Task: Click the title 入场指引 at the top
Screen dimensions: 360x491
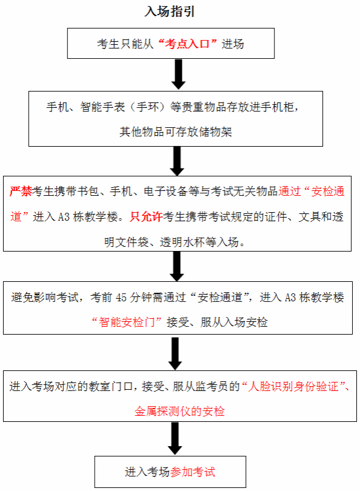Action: pyautogui.click(x=170, y=12)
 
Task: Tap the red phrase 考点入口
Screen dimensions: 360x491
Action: pyautogui.click(x=187, y=44)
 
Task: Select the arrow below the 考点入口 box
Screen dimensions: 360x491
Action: pyautogui.click(x=178, y=75)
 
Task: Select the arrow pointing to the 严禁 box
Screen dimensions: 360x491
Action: pyautogui.click(x=177, y=161)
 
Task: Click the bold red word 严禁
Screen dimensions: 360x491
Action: pyautogui.click(x=21, y=192)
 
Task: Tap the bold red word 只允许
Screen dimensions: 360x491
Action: pyautogui.click(x=146, y=216)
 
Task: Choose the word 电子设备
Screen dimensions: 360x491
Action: pyautogui.click(x=165, y=192)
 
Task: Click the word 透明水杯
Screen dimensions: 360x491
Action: pyautogui.click(x=182, y=242)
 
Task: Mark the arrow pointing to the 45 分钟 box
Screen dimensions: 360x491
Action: pyautogui.click(x=177, y=266)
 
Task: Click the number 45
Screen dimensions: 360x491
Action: pyautogui.click(x=121, y=297)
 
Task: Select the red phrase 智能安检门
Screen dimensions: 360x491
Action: pyautogui.click(x=127, y=322)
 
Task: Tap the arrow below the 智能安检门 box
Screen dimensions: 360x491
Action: pyautogui.click(x=175, y=353)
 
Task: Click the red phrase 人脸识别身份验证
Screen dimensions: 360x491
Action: pyautogui.click(x=293, y=386)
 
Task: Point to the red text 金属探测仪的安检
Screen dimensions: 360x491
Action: pyautogui.click(x=179, y=411)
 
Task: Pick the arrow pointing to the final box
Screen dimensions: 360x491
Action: pyautogui.click(x=175, y=438)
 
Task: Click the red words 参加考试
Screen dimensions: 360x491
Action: pyautogui.click(x=193, y=472)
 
